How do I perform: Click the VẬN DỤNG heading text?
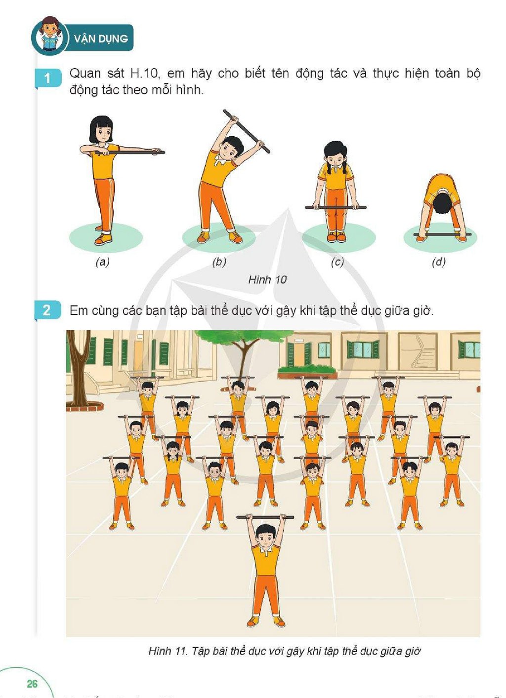(101, 39)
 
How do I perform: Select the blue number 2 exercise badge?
(47, 310)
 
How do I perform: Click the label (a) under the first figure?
(103, 262)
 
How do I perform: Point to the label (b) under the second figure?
(219, 262)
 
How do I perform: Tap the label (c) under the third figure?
(337, 262)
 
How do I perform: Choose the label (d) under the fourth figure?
(439, 262)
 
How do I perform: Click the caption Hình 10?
(267, 279)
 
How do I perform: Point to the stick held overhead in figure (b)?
(247, 131)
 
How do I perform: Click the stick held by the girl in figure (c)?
(336, 207)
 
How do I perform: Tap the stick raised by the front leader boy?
(265, 517)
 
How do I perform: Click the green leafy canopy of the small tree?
(243, 337)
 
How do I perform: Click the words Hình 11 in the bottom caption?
(168, 651)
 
